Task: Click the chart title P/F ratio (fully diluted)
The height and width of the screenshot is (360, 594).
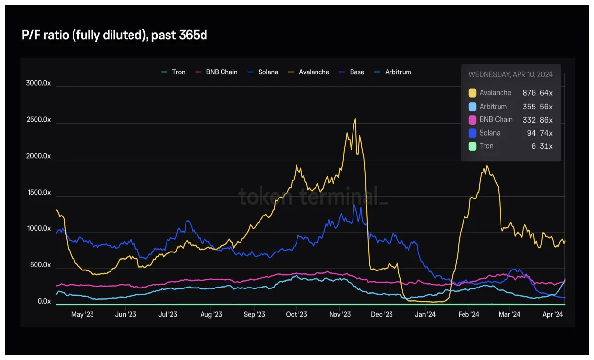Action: tap(114, 36)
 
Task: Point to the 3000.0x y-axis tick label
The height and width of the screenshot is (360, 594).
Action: tap(38, 83)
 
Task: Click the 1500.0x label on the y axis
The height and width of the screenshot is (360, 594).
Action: tap(38, 193)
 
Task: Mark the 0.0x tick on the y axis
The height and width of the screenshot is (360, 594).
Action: tap(44, 302)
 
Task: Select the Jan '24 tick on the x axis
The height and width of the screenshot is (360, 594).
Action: tap(425, 315)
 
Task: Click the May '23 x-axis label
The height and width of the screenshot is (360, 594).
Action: tap(82, 315)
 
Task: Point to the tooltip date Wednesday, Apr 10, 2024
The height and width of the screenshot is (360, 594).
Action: tap(510, 75)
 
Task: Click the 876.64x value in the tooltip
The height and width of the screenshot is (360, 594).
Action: tap(538, 93)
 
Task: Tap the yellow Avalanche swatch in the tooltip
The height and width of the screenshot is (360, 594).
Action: tap(472, 93)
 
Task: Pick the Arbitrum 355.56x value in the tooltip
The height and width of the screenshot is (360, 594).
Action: tap(538, 107)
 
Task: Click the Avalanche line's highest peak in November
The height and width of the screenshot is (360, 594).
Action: tap(355, 119)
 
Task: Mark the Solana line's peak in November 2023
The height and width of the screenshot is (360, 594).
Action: tap(354, 205)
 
